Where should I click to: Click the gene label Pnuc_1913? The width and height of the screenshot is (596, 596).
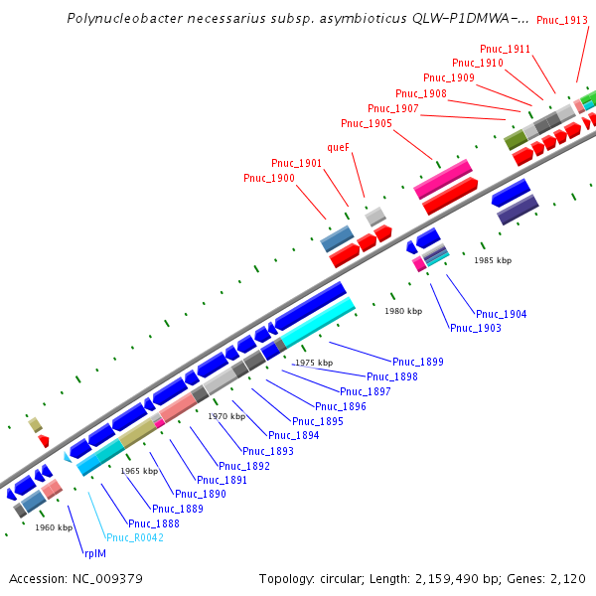tap(561, 20)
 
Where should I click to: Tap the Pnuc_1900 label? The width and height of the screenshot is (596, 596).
tap(268, 178)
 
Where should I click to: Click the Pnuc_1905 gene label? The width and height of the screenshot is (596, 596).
tap(366, 123)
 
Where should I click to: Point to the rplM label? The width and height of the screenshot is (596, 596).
tap(94, 552)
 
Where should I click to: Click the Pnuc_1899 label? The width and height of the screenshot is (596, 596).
tap(418, 362)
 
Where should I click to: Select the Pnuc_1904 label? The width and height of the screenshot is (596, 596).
tap(502, 314)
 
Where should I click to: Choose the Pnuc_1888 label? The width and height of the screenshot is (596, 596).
tap(153, 523)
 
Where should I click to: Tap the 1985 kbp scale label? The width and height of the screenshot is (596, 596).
tap(493, 260)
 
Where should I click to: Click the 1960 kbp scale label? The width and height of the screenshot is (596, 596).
tap(54, 527)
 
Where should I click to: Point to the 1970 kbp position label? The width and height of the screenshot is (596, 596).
tap(225, 416)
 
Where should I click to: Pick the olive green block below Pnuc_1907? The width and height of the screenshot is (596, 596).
tap(515, 140)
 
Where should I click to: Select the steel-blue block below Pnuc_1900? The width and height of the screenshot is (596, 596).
tap(337, 238)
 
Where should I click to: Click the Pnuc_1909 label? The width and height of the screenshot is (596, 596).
tap(448, 77)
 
